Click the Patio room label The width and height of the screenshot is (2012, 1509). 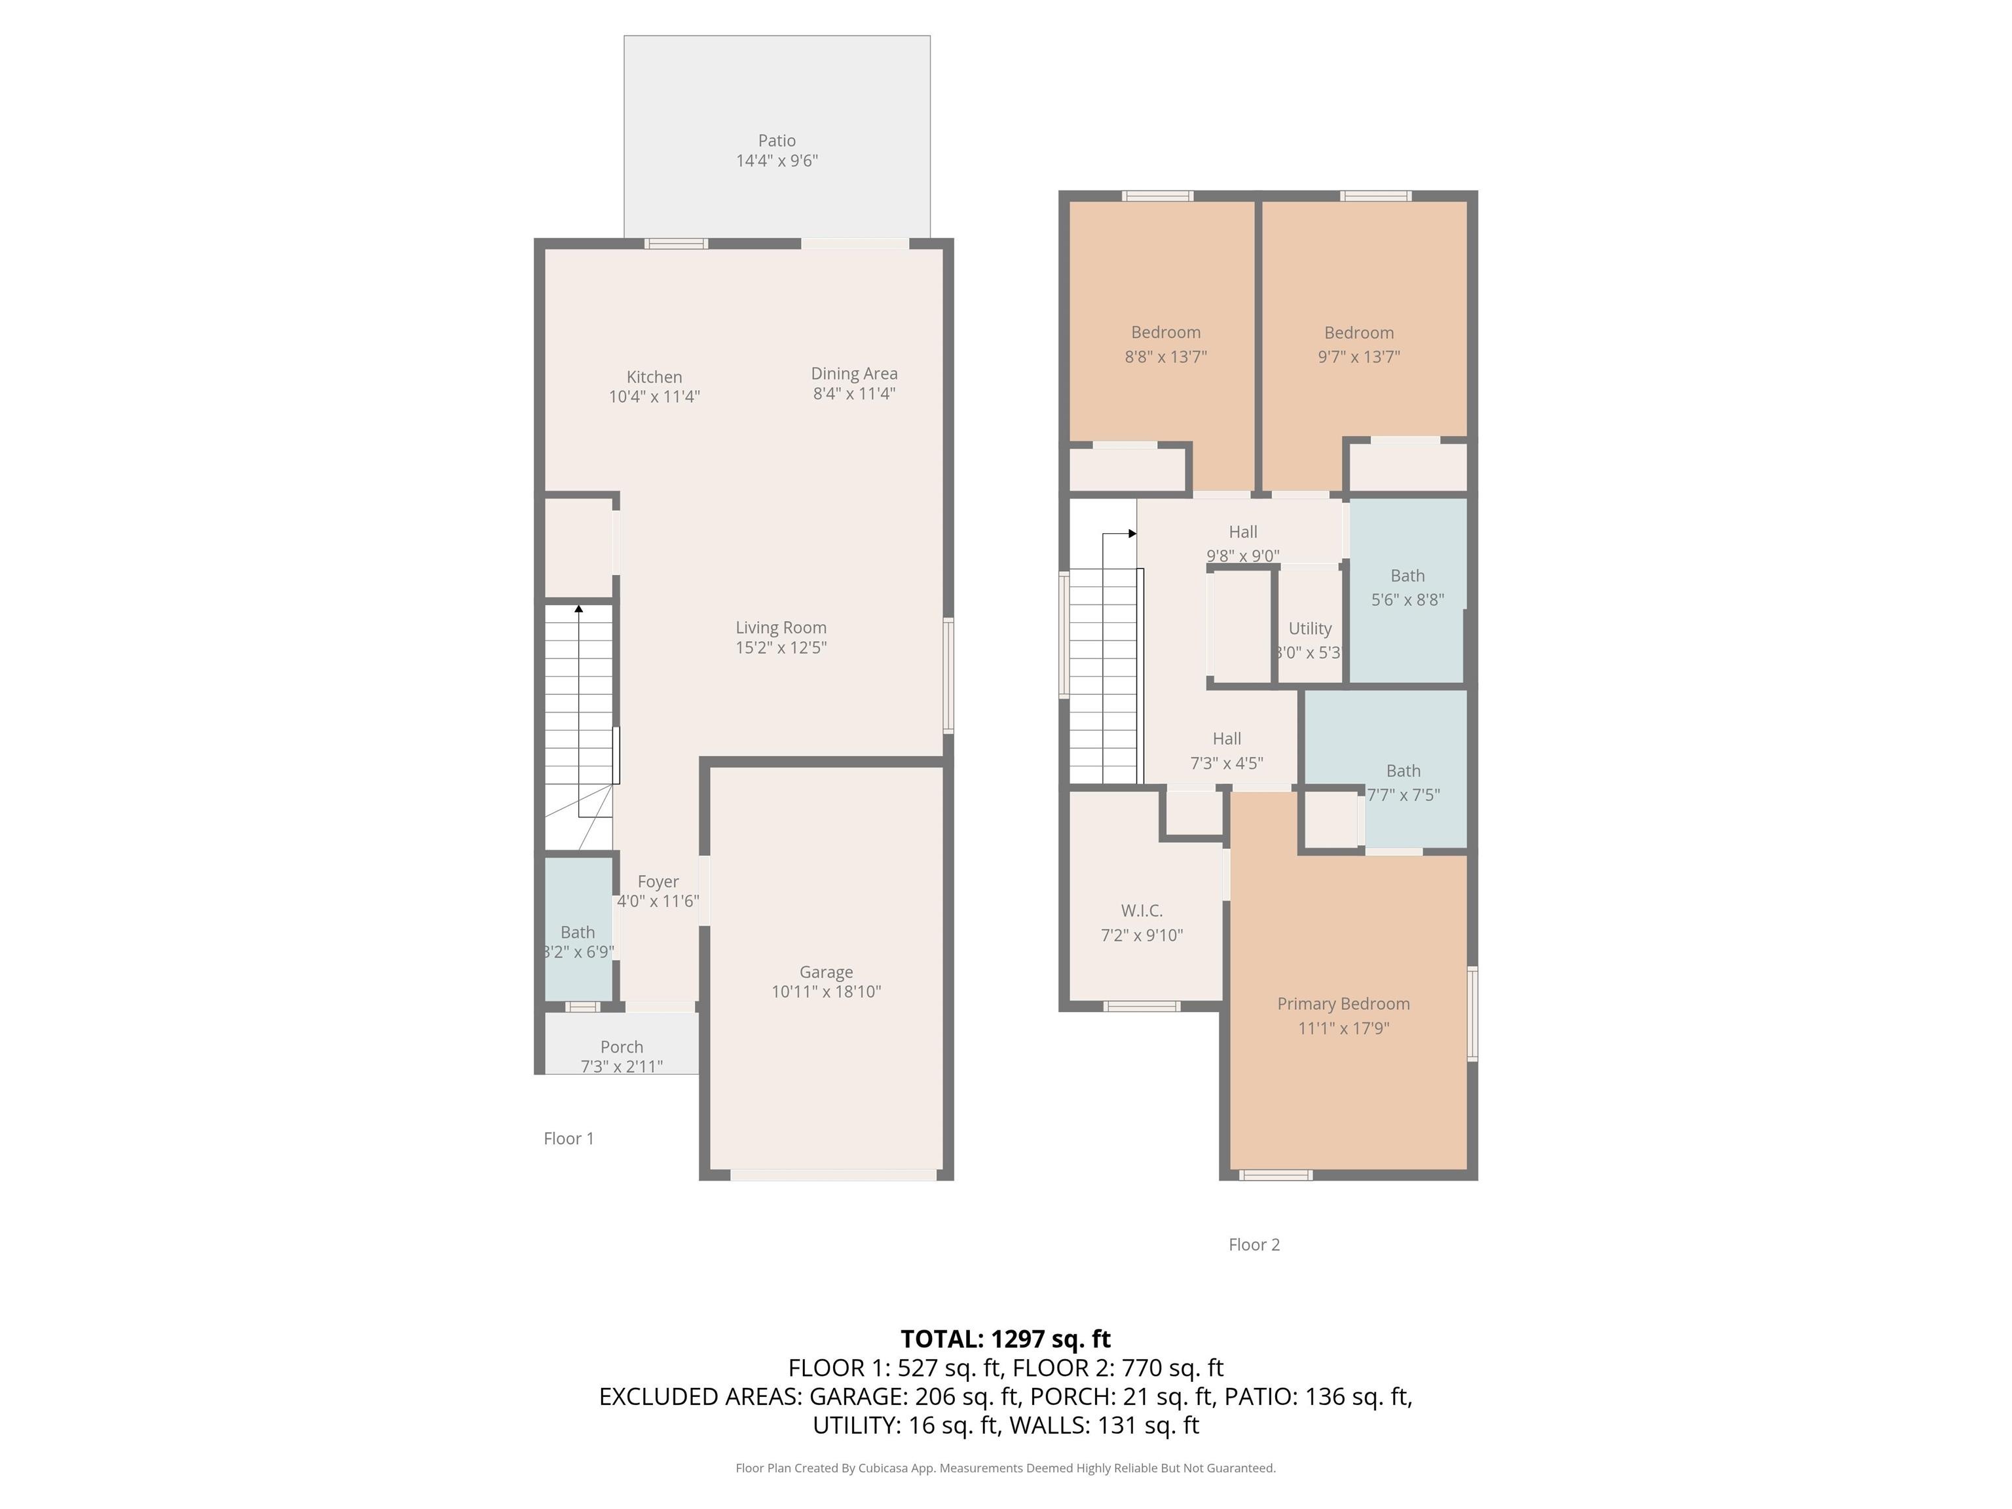tap(777, 141)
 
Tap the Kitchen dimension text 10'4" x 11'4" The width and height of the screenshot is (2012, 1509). tap(654, 397)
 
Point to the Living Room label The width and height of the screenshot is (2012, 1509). tap(781, 627)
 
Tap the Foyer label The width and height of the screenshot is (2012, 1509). tap(658, 882)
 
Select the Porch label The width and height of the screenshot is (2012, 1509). tap(622, 1047)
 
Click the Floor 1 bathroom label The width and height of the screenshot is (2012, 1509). tap(578, 933)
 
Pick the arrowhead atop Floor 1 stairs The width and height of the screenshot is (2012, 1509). tap(578, 608)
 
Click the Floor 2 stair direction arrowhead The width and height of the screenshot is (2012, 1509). tap(1132, 534)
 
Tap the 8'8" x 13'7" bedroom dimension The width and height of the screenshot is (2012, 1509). tap(1165, 356)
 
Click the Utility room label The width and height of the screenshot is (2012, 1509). tap(1310, 629)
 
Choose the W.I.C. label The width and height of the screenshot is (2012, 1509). tap(1142, 910)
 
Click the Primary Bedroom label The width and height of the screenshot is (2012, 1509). tap(1343, 1003)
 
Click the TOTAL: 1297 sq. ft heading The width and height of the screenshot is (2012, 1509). tap(1005, 1339)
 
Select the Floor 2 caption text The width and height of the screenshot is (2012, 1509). tap(1254, 1244)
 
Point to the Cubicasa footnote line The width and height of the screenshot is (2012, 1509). tap(1005, 1468)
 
